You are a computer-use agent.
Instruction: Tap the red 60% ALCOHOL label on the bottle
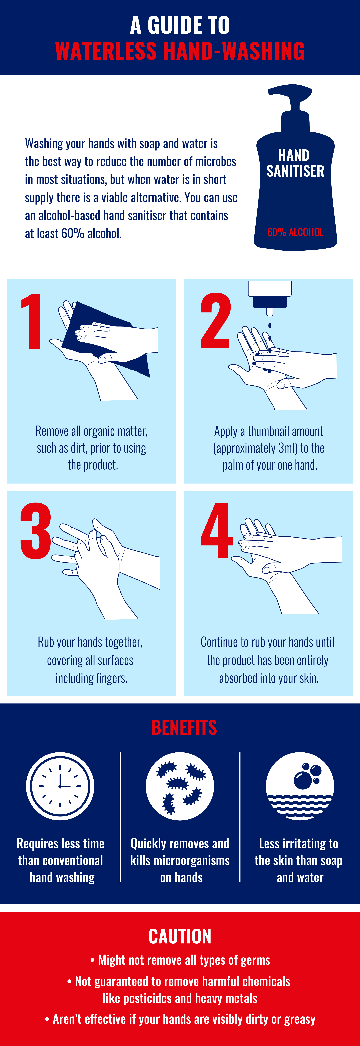pyautogui.click(x=295, y=232)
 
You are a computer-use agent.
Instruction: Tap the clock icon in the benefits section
pyautogui.click(x=60, y=786)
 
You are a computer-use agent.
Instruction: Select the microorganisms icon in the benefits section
pyautogui.click(x=180, y=786)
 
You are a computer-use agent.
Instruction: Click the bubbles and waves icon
pyautogui.click(x=300, y=786)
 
